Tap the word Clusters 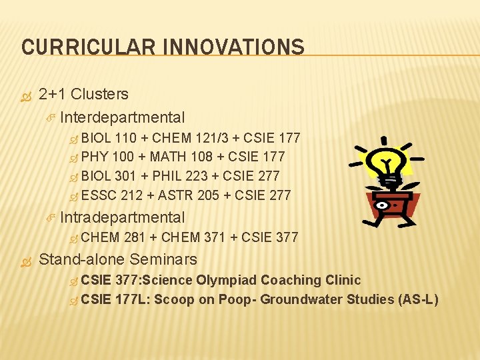coord(99,95)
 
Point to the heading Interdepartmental coord(122,118)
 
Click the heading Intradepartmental coord(122,217)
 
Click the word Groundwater coord(301,299)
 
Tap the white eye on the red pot coord(381,205)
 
